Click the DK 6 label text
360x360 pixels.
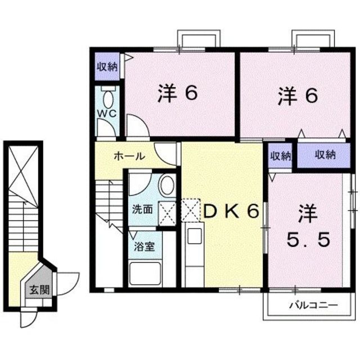tap(231, 211)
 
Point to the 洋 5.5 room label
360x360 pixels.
tap(306, 227)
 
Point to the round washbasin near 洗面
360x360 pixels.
tap(167, 185)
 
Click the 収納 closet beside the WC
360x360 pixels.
tap(106, 67)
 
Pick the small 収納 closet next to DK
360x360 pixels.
tap(280, 155)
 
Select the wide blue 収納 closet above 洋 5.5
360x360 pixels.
tap(325, 155)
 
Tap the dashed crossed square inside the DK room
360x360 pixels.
tap(190, 211)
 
